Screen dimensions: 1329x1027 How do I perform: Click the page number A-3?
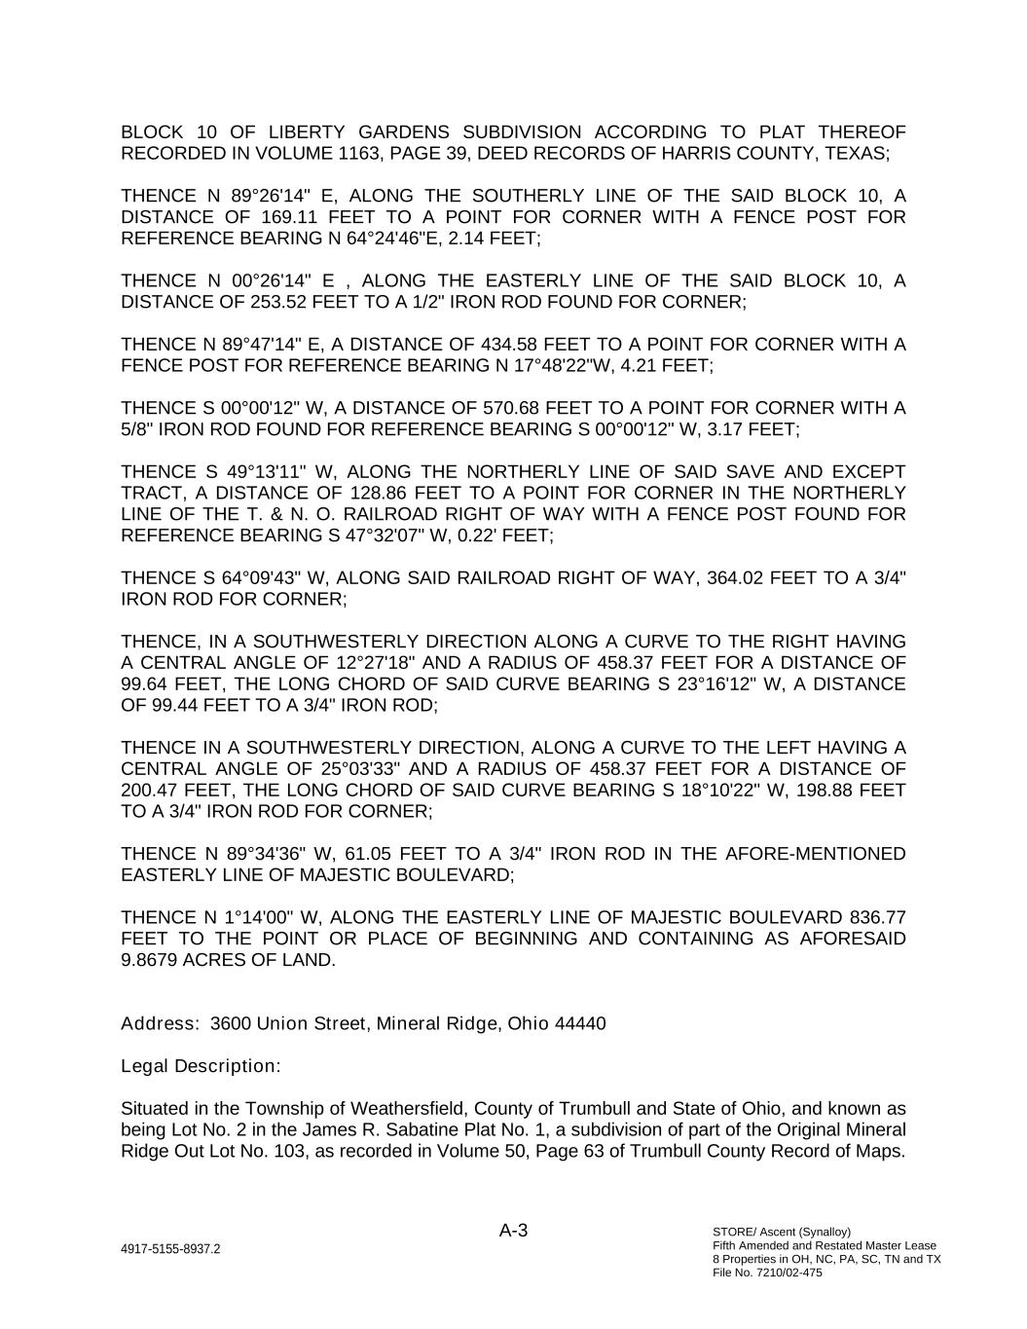[x=513, y=1231]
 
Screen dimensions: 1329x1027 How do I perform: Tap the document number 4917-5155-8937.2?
[x=170, y=1249]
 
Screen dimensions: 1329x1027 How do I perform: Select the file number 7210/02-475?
[x=788, y=1273]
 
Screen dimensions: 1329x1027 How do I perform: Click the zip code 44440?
[x=580, y=1024]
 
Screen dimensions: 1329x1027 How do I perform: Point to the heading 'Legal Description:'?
[x=201, y=1066]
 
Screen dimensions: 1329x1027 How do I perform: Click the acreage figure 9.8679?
[x=151, y=960]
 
